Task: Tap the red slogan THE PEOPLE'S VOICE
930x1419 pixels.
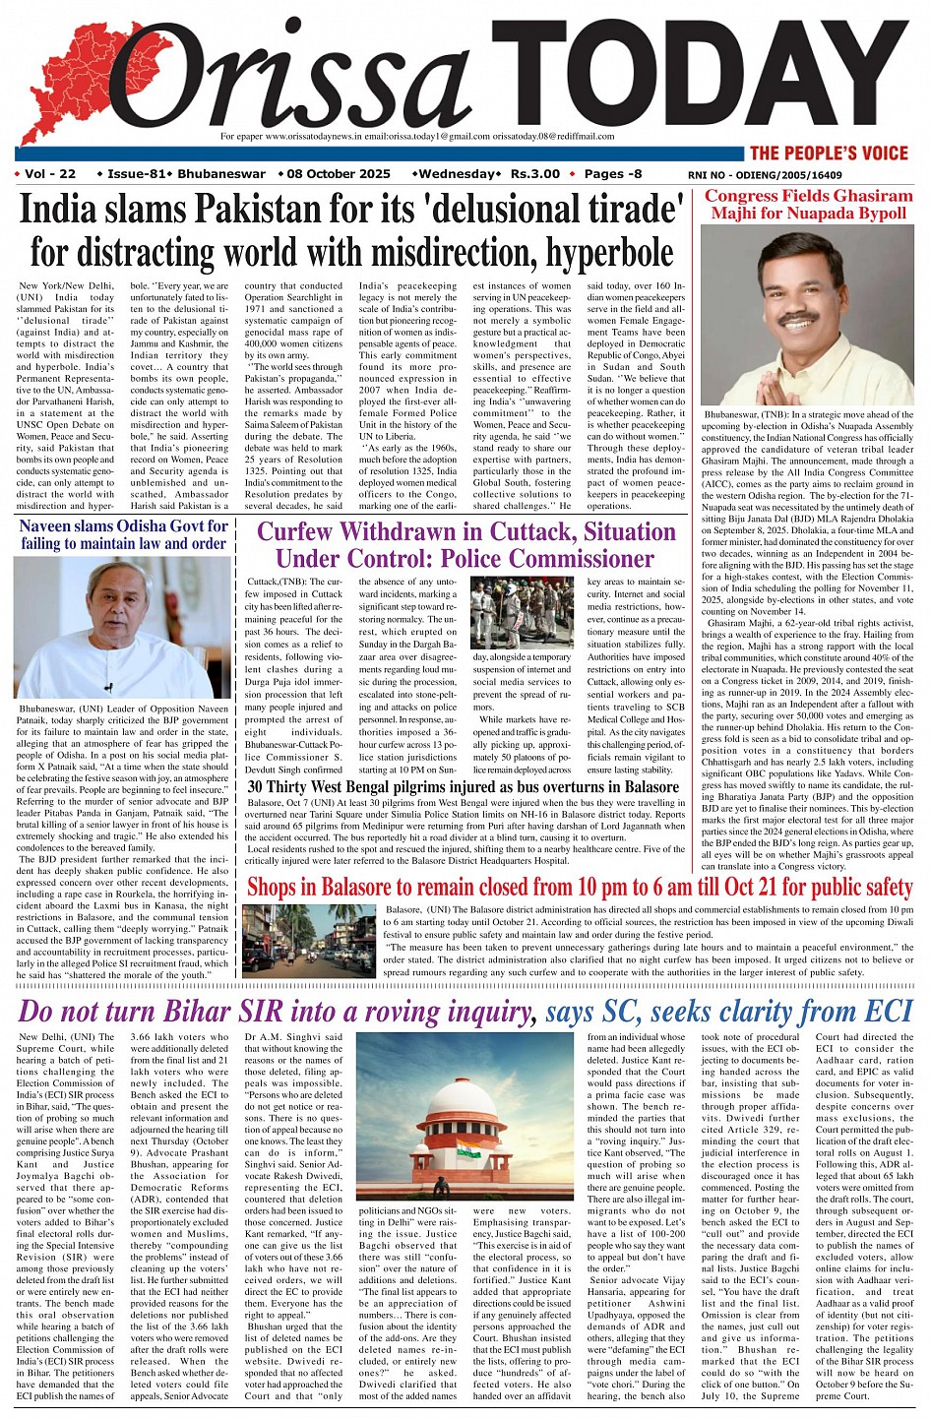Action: (828, 153)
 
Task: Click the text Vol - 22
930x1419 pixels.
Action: (50, 174)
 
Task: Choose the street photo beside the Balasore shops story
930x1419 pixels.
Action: (309, 941)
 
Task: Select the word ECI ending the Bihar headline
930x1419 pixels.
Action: (891, 1011)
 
